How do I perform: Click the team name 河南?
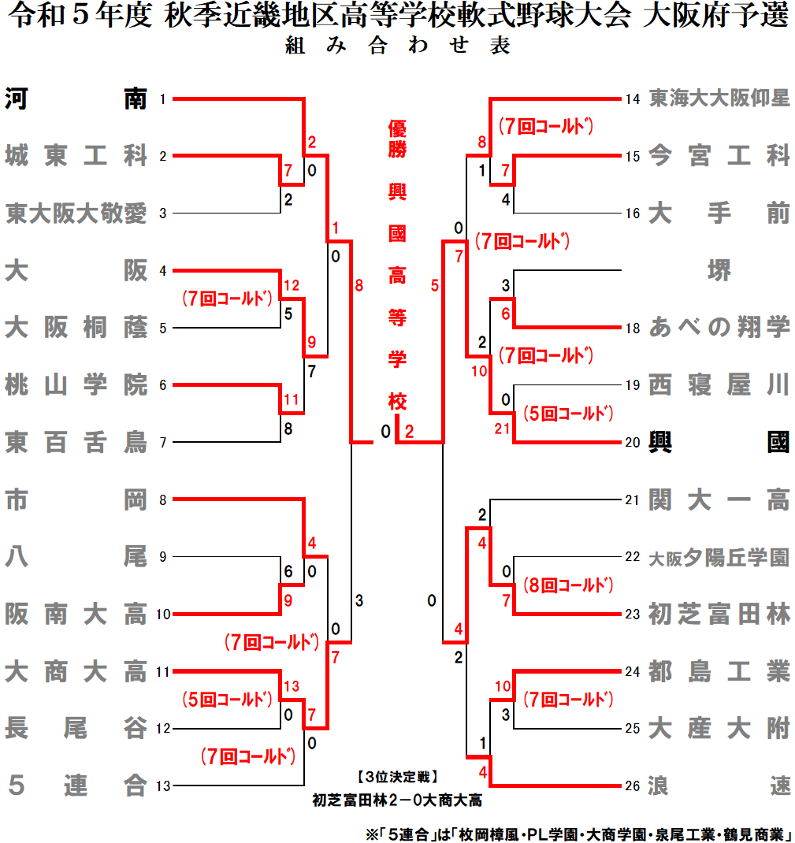[76, 99]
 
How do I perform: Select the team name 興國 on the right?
[719, 442]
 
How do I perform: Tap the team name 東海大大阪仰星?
[719, 99]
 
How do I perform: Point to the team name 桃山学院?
[76, 385]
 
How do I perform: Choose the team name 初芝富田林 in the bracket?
[719, 614]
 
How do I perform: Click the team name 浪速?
[719, 785]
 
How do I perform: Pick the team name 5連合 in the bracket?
[76, 785]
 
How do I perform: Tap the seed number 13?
[163, 785]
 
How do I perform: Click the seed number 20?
[632, 442]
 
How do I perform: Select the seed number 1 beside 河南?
[162, 99]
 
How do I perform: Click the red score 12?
[292, 285]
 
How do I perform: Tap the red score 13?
[292, 685]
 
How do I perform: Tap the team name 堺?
[719, 271]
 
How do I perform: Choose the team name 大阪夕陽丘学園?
[719, 557]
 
